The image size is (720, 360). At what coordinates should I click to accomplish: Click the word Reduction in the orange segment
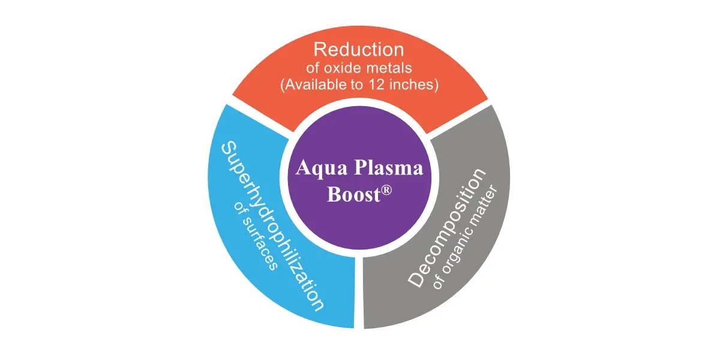(359, 49)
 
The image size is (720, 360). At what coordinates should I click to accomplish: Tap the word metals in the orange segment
(389, 68)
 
